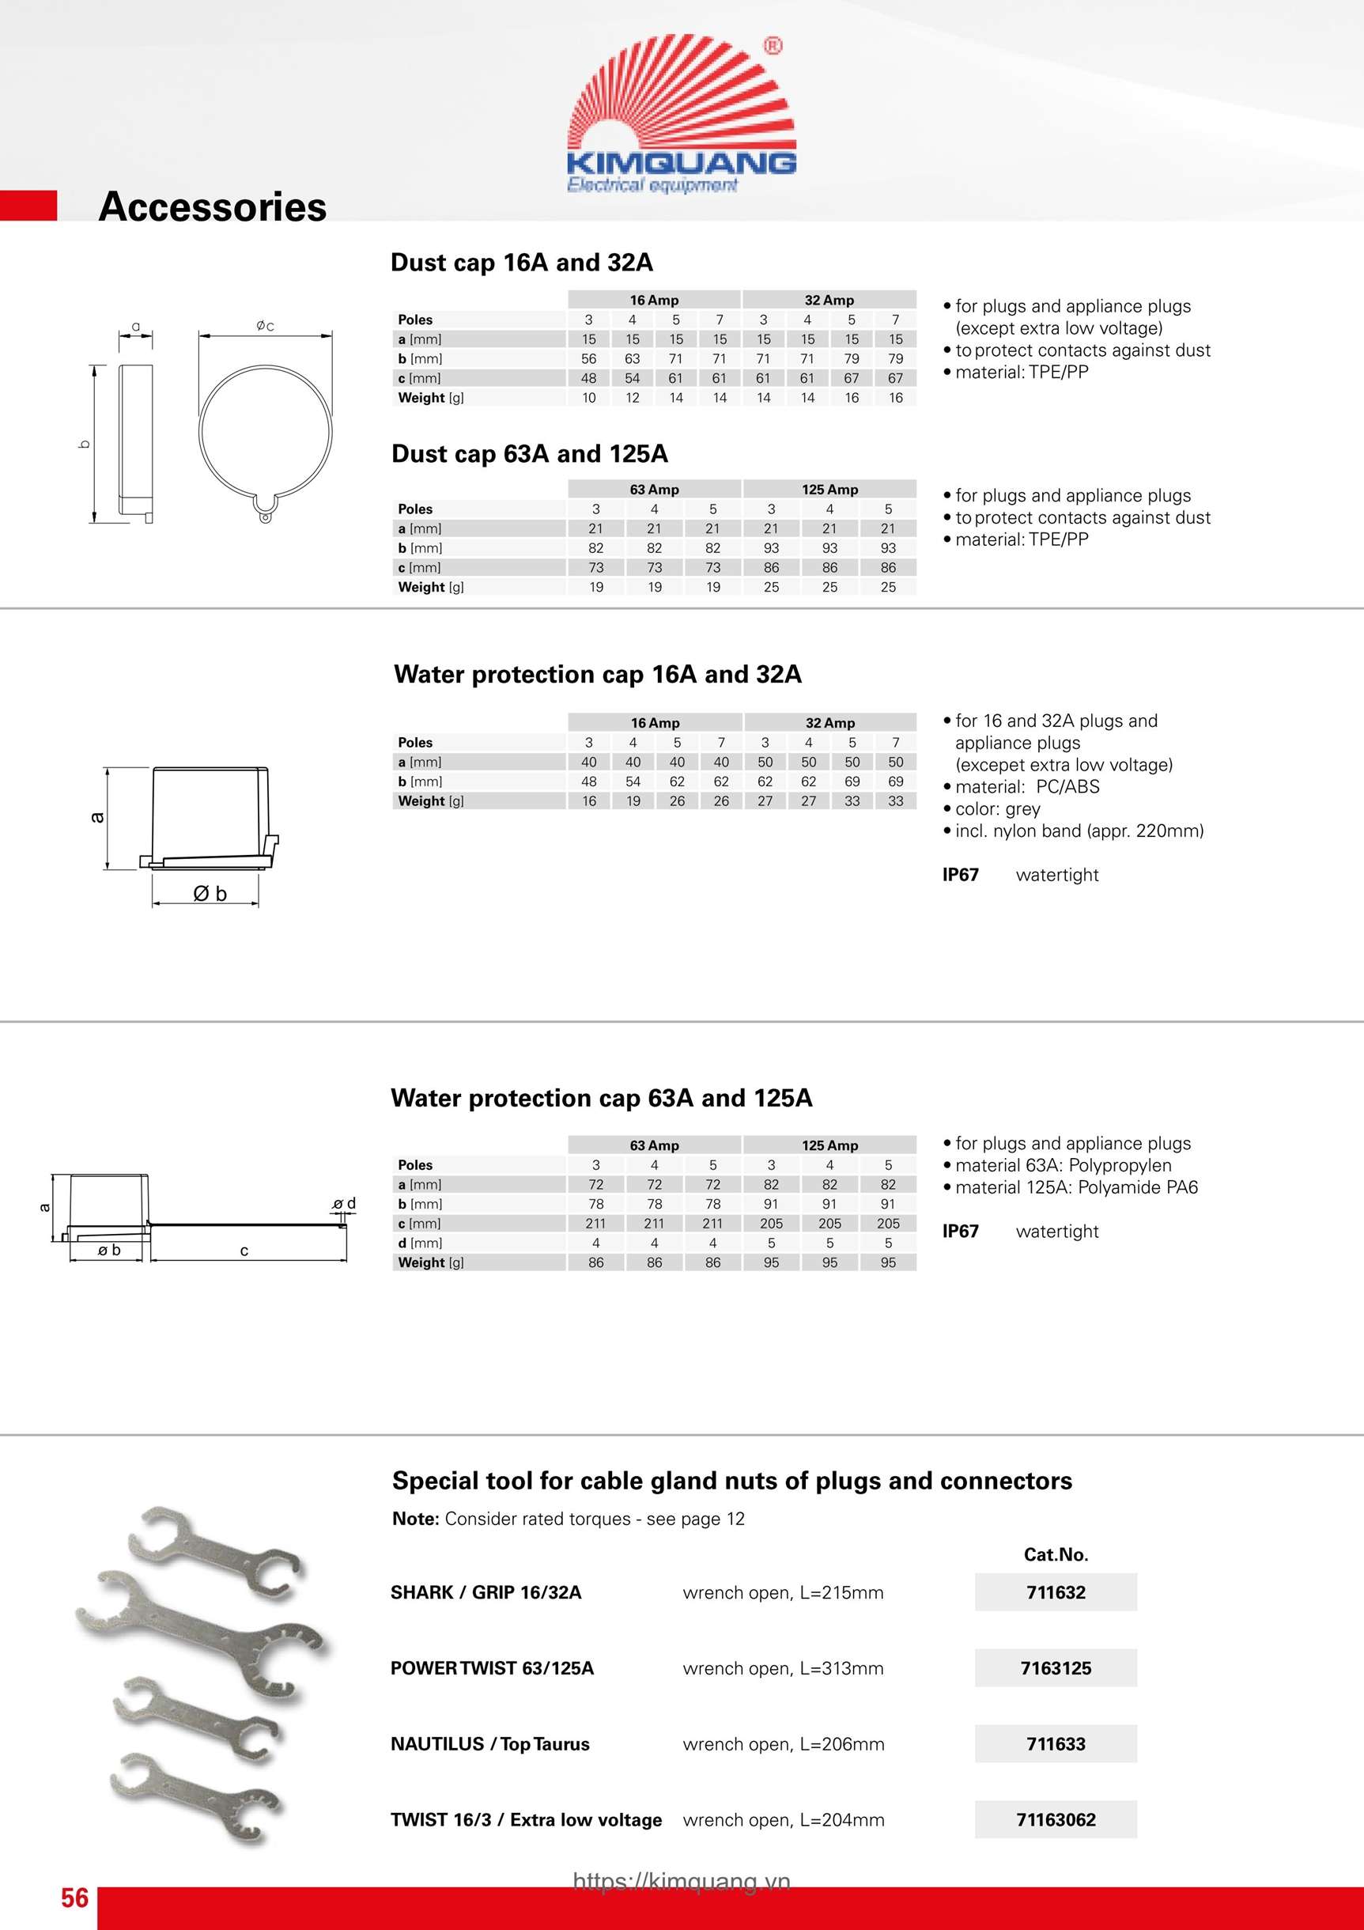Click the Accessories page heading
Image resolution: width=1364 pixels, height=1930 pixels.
[x=213, y=206]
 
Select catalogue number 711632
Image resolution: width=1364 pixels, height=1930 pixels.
[x=1056, y=1592]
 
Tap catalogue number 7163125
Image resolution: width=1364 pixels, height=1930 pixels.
[x=1056, y=1667]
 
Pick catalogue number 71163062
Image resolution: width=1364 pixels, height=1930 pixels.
[x=1056, y=1820]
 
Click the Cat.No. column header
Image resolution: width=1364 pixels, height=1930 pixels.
[x=1056, y=1554]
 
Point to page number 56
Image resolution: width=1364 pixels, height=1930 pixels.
[x=74, y=1898]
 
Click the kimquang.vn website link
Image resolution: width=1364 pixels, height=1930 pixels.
[x=682, y=1881]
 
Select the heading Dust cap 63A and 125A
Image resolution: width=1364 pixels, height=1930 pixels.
[x=530, y=454]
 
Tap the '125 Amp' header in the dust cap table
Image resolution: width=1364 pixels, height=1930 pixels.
[x=829, y=490]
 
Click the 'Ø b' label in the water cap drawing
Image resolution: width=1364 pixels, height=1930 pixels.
[x=210, y=894]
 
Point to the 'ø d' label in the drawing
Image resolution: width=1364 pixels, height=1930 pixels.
[x=345, y=1204]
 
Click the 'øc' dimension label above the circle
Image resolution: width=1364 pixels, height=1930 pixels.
[x=265, y=325]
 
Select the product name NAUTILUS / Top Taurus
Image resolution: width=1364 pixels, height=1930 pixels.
[x=490, y=1744]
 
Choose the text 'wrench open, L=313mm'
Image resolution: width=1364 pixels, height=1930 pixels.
[x=784, y=1668]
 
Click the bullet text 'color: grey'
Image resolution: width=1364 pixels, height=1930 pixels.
[x=998, y=808]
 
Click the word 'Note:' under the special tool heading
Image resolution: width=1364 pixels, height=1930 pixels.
[x=415, y=1519]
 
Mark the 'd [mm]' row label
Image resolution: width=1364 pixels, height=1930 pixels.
[x=420, y=1243]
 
